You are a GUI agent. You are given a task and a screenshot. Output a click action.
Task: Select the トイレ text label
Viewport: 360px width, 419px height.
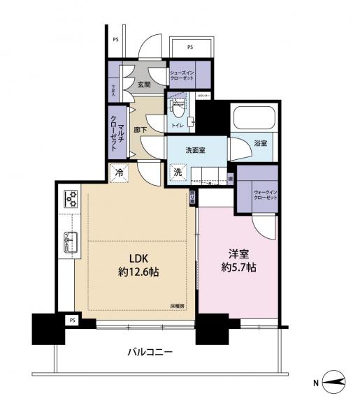tap(178, 125)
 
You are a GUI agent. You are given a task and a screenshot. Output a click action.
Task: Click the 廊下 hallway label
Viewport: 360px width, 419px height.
tap(140, 130)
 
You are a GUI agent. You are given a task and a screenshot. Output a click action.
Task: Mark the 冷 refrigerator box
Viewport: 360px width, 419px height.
tap(120, 171)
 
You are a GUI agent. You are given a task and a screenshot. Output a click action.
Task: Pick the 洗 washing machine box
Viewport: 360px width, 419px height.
tap(178, 172)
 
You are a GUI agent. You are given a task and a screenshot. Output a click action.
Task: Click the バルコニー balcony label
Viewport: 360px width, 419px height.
tap(150, 353)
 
